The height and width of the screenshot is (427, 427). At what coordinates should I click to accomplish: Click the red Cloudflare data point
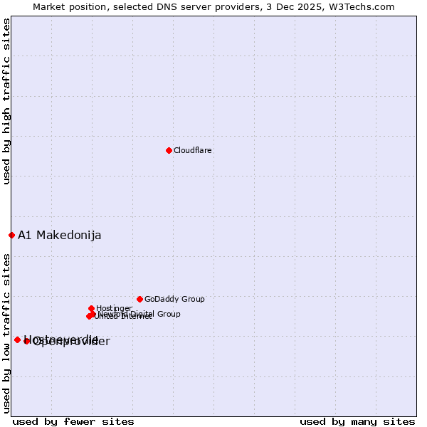pyautogui.click(x=169, y=150)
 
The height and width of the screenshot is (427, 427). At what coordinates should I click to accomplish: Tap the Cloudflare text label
pyautogui.click(x=193, y=150)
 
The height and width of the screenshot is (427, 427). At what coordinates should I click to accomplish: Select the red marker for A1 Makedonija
pyautogui.click(x=11, y=235)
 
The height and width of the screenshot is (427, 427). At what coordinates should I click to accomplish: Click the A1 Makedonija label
pyautogui.click(x=60, y=236)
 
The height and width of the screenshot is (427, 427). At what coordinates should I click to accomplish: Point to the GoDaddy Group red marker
pyautogui.click(x=139, y=299)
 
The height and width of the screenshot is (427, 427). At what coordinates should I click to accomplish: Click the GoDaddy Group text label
pyautogui.click(x=174, y=299)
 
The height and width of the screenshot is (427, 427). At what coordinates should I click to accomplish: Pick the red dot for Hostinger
pyautogui.click(x=92, y=308)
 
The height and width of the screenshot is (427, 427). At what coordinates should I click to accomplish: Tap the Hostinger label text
pyautogui.click(x=115, y=308)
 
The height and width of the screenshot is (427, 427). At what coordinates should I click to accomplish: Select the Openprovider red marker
pyautogui.click(x=27, y=342)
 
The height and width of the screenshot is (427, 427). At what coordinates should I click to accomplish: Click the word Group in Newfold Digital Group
pyautogui.click(x=168, y=314)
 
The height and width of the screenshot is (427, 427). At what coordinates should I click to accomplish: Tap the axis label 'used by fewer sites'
pyautogui.click(x=73, y=421)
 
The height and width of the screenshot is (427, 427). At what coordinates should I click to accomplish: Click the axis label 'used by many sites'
pyautogui.click(x=357, y=421)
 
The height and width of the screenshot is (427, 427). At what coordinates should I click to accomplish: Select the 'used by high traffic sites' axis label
pyautogui.click(x=6, y=101)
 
